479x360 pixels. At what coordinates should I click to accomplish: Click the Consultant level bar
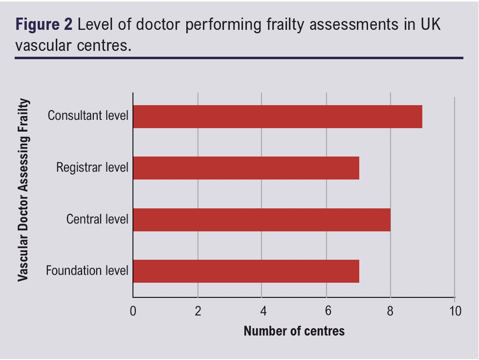pyautogui.click(x=277, y=116)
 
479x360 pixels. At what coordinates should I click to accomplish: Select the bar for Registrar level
pyautogui.click(x=246, y=168)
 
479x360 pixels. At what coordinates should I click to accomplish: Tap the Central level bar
pyautogui.click(x=261, y=220)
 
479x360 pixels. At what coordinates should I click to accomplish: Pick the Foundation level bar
pyautogui.click(x=246, y=271)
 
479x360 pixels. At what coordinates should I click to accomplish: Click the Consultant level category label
pyautogui.click(x=88, y=116)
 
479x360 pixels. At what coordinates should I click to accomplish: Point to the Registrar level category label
pyautogui.click(x=92, y=168)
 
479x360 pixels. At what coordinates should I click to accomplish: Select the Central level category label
pyautogui.click(x=97, y=219)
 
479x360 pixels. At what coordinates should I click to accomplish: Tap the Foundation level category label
pyautogui.click(x=87, y=270)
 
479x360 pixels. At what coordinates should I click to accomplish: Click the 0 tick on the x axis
pyautogui.click(x=133, y=311)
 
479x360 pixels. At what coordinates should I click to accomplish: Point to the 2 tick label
pyautogui.click(x=197, y=311)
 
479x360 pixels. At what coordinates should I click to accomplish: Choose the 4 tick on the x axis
pyautogui.click(x=262, y=311)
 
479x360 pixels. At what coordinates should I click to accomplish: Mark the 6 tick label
pyautogui.click(x=326, y=311)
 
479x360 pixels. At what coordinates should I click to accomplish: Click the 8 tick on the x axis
pyautogui.click(x=391, y=311)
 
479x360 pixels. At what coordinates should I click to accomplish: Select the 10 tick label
pyautogui.click(x=455, y=311)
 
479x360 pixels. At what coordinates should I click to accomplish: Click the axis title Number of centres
pyautogui.click(x=294, y=331)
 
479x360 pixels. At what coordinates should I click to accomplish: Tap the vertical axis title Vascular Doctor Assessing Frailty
pyautogui.click(x=22, y=190)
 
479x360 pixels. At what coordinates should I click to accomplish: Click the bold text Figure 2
pyautogui.click(x=44, y=25)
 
